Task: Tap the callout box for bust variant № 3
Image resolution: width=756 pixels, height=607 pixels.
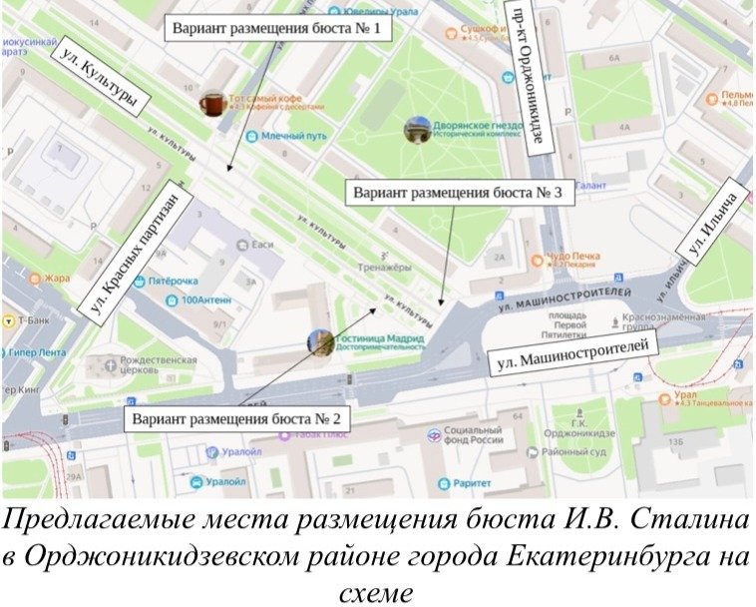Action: point(459,192)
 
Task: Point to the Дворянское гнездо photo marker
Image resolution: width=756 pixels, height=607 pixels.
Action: point(417,130)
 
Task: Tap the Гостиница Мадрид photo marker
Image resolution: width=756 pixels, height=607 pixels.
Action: point(320,343)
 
